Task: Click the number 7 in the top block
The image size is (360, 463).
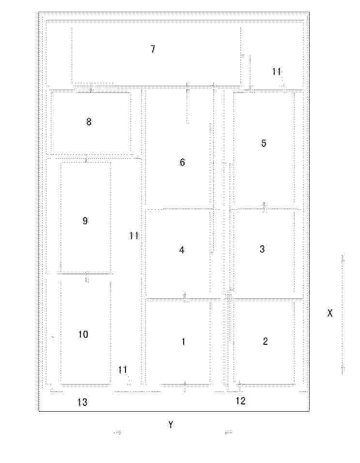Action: click(x=153, y=49)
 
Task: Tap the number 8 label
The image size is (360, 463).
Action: click(x=89, y=122)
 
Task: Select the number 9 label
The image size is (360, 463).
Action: click(x=85, y=220)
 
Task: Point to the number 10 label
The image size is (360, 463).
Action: click(x=83, y=334)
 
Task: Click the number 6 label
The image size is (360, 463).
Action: click(x=182, y=162)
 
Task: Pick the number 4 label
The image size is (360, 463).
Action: click(x=182, y=250)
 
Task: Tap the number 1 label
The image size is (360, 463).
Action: click(x=184, y=341)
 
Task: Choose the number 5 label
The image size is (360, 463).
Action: click(x=264, y=143)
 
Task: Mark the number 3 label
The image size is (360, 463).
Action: click(x=262, y=249)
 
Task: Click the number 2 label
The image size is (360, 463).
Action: click(x=265, y=341)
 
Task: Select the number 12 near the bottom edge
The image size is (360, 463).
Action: click(x=241, y=401)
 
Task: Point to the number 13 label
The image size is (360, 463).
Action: click(x=82, y=402)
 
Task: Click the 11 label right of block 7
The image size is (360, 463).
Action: click(x=277, y=71)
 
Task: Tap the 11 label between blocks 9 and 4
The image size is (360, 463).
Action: click(x=134, y=236)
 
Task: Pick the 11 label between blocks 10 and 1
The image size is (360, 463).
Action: click(x=123, y=370)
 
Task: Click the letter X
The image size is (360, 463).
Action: click(x=330, y=313)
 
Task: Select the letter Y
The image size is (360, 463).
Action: click(x=171, y=425)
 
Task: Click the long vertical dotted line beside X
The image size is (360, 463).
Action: click(x=343, y=314)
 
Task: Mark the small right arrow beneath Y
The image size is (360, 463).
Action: click(x=118, y=433)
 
